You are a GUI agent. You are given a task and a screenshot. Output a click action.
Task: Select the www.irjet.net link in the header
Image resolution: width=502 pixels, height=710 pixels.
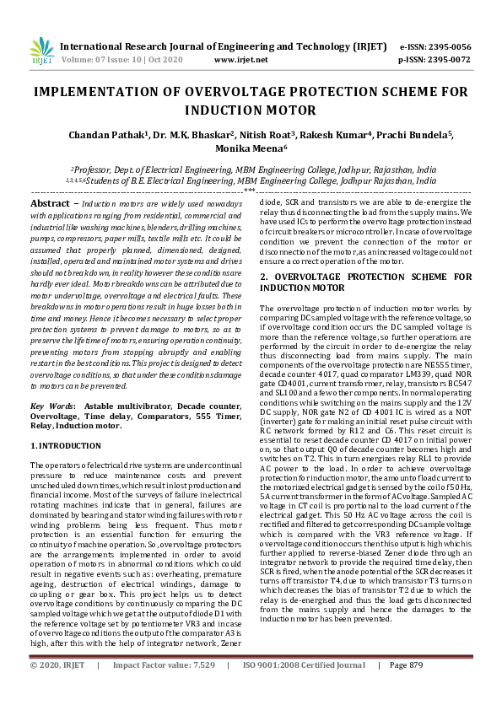pos(242,61)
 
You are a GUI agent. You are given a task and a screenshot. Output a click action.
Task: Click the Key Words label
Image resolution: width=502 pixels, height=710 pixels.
pos(51,405)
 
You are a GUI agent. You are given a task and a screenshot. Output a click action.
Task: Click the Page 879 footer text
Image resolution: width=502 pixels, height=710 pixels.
pos(406,689)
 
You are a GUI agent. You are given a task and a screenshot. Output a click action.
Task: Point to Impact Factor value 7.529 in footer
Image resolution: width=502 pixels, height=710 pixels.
pos(201,689)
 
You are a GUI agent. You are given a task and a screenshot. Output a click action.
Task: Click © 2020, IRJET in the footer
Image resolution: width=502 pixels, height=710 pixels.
pos(57,689)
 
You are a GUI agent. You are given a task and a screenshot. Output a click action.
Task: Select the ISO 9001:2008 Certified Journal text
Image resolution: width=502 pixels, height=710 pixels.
pos(303,689)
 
